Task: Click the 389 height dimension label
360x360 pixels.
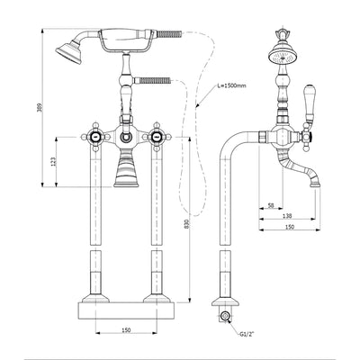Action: click(x=39, y=108)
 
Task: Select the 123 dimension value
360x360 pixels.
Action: click(x=53, y=162)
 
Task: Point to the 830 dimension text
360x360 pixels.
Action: click(x=187, y=223)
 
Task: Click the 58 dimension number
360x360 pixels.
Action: click(x=271, y=205)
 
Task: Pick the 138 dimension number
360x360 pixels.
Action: click(x=288, y=216)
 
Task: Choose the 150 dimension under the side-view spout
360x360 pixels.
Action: click(x=289, y=227)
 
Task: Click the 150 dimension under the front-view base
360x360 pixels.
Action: click(x=126, y=330)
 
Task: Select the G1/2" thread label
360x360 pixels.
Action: click(x=247, y=334)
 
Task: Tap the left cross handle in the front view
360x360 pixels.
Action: click(x=95, y=137)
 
